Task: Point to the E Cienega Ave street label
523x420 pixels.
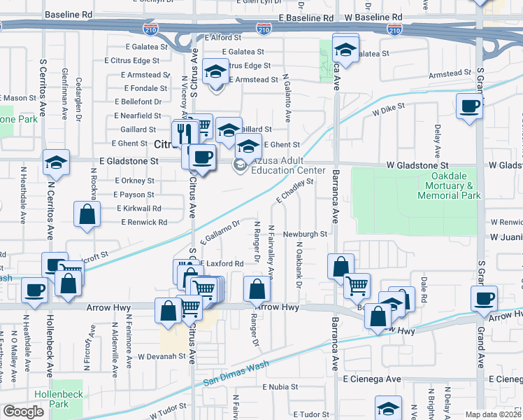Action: point(372,379)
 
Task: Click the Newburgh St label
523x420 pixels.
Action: point(305,234)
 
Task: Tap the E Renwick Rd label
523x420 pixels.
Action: point(144,222)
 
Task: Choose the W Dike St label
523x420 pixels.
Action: point(388,111)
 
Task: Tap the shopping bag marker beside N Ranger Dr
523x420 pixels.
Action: point(257,289)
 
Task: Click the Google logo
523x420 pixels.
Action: point(23,412)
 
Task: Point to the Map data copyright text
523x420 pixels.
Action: point(494,414)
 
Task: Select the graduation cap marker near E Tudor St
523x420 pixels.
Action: point(389,407)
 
